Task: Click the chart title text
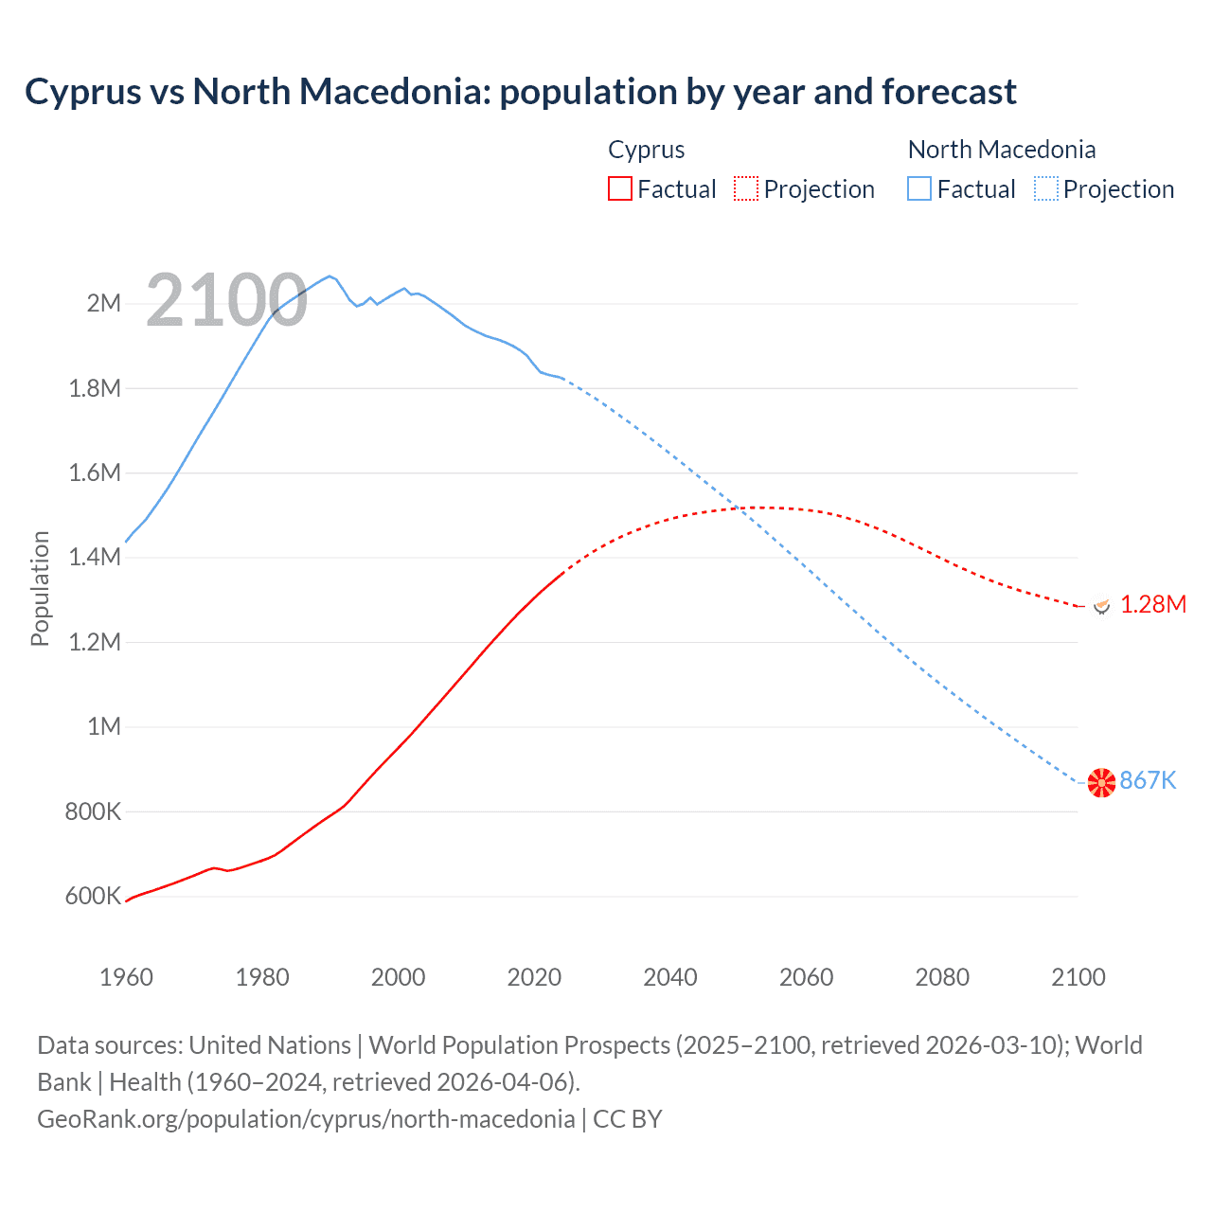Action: pyautogui.click(x=520, y=92)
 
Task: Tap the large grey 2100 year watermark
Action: pyautogui.click(x=226, y=300)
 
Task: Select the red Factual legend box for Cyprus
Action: pyautogui.click(x=619, y=188)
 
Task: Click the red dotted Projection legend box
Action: pyautogui.click(x=746, y=188)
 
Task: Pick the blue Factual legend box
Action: pyautogui.click(x=918, y=188)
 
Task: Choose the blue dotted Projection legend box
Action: pyautogui.click(x=1045, y=188)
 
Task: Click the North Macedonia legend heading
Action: pyautogui.click(x=1001, y=150)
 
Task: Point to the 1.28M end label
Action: pyautogui.click(x=1152, y=604)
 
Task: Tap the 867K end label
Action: pyautogui.click(x=1148, y=780)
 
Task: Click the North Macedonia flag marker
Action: pyautogui.click(x=1101, y=782)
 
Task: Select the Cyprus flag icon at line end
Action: pyautogui.click(x=1101, y=605)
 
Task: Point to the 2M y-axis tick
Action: pyautogui.click(x=103, y=303)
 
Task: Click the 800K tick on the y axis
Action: pyautogui.click(x=93, y=811)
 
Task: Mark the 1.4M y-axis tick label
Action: pyautogui.click(x=95, y=557)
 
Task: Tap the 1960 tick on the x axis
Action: pyautogui.click(x=126, y=977)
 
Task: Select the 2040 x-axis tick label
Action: pyautogui.click(x=669, y=977)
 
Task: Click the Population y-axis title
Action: pyautogui.click(x=40, y=588)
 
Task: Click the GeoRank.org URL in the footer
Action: pyautogui.click(x=305, y=1118)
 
